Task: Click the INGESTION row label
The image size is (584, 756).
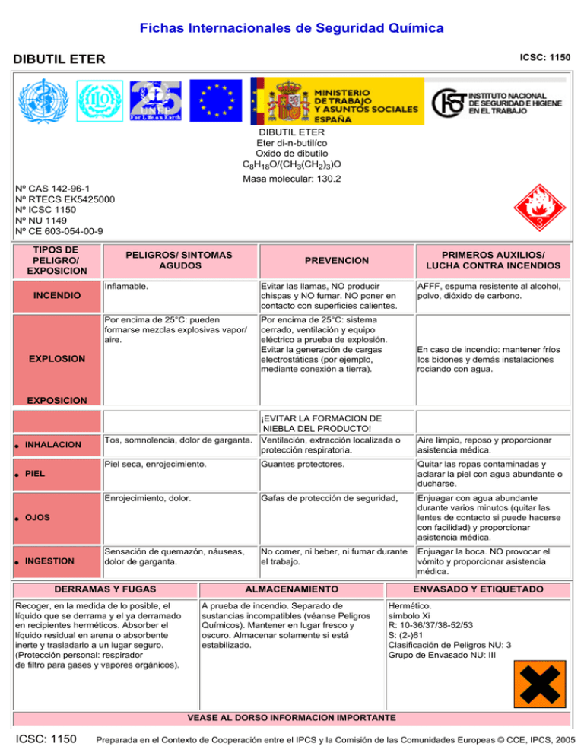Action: (57, 561)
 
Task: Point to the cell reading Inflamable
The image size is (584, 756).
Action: (126, 287)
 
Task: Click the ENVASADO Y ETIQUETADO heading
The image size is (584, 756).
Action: (478, 589)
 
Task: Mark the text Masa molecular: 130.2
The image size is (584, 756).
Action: (291, 179)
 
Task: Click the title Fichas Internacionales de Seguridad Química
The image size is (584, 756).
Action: (291, 28)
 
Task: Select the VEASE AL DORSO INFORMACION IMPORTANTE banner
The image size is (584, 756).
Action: (291, 717)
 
